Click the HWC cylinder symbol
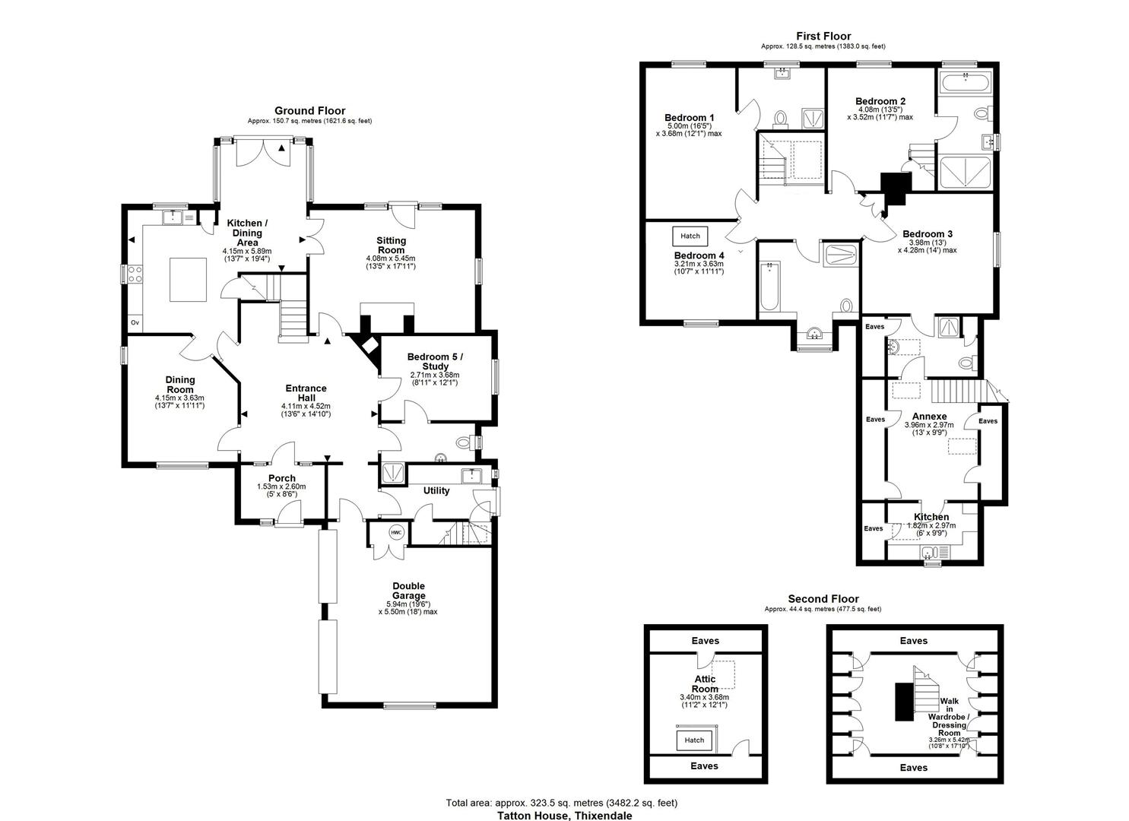pos(396,533)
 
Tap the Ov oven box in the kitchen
pos(135,322)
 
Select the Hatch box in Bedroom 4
pos(690,236)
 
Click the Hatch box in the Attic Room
pos(694,740)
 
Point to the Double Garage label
pos(409,591)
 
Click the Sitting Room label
pos(391,246)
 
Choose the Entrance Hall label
pos(306,393)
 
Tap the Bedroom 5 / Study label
pos(435,361)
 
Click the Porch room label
pos(282,478)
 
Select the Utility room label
pos(436,491)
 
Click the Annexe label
pos(929,417)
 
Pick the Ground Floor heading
pos(310,111)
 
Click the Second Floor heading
pos(823,599)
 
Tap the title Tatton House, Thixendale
pos(564,816)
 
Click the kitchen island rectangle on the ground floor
pos(188,280)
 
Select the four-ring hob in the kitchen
pos(135,274)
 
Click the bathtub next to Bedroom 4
pos(769,287)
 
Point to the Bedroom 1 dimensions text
pos(689,130)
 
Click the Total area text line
pos(562,803)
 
